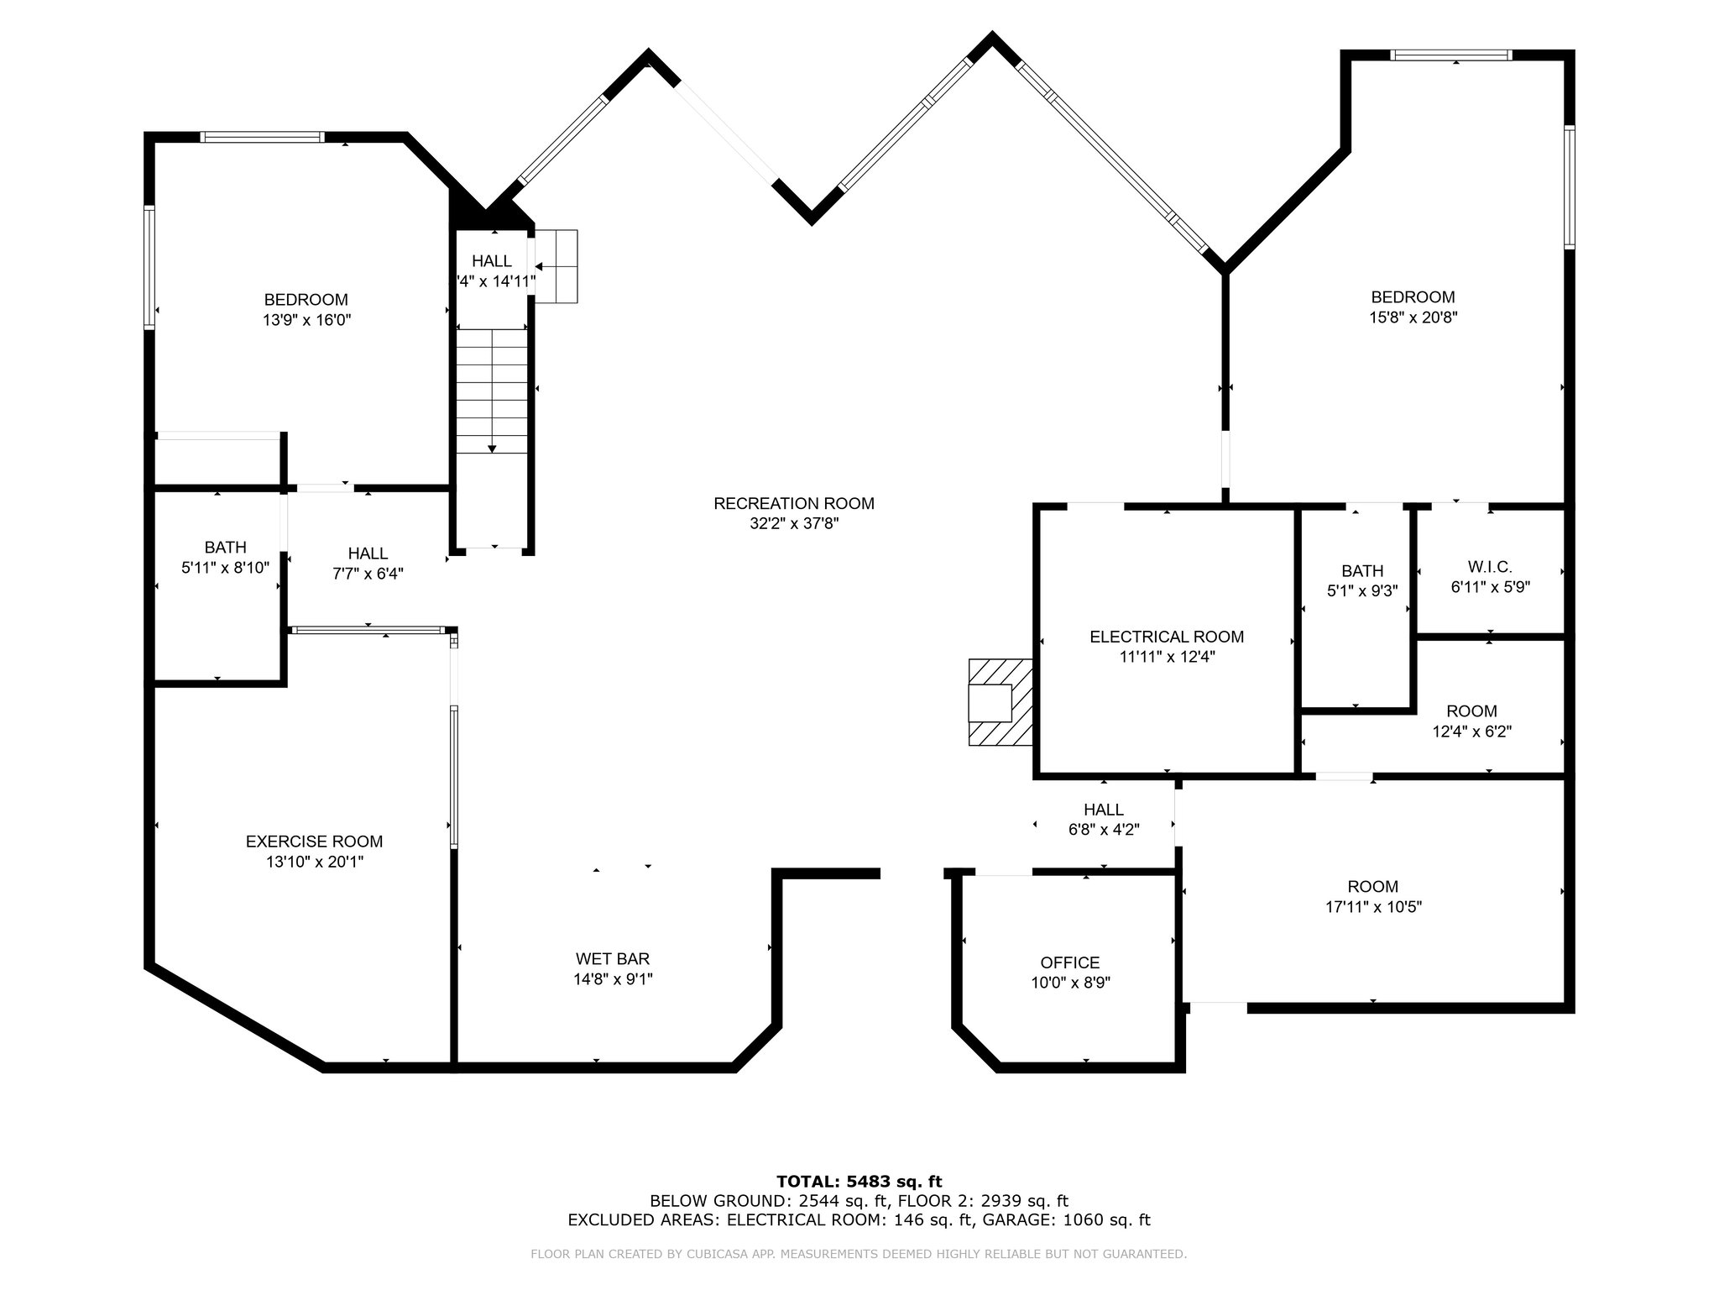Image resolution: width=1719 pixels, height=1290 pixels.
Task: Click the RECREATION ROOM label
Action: pyautogui.click(x=794, y=504)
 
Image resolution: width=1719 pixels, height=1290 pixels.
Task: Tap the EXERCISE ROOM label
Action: pyautogui.click(x=314, y=842)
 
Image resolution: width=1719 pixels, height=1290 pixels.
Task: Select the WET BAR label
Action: pyautogui.click(x=613, y=959)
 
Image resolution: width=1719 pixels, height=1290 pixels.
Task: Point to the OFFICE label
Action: pyautogui.click(x=1070, y=963)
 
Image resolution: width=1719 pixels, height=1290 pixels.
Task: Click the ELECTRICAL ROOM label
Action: pyautogui.click(x=1167, y=637)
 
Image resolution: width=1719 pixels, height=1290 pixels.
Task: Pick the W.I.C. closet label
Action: pyautogui.click(x=1491, y=568)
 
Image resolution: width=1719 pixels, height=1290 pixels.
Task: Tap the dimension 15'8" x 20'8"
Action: pyautogui.click(x=1413, y=317)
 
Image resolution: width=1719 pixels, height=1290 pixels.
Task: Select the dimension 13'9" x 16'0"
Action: pyautogui.click(x=306, y=320)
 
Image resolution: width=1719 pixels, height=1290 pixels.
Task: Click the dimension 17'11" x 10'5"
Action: pyautogui.click(x=1373, y=907)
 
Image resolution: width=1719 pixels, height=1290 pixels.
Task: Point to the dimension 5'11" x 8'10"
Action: pyautogui.click(x=225, y=568)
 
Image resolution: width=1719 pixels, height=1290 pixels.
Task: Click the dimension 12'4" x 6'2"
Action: pyautogui.click(x=1472, y=732)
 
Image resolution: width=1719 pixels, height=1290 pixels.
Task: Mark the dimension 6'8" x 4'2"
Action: pyautogui.click(x=1104, y=830)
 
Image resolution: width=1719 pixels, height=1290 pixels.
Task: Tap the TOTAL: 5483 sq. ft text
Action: pyautogui.click(x=859, y=1182)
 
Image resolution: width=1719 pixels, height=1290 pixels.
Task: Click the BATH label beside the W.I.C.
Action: pyautogui.click(x=1362, y=571)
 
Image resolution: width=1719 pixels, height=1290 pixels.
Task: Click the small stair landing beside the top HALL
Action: pyautogui.click(x=556, y=266)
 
